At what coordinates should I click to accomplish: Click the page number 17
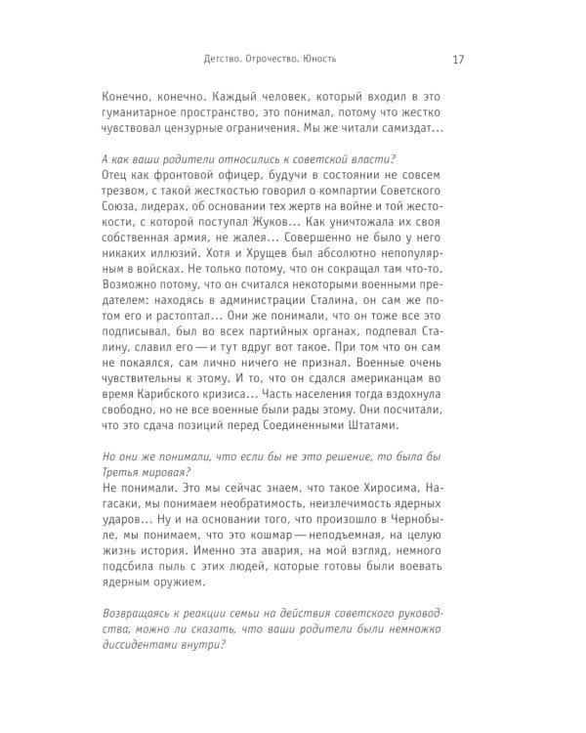coord(458,59)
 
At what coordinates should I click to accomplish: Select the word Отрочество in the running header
coord(266,59)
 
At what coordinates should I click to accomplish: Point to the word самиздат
coord(402,127)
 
